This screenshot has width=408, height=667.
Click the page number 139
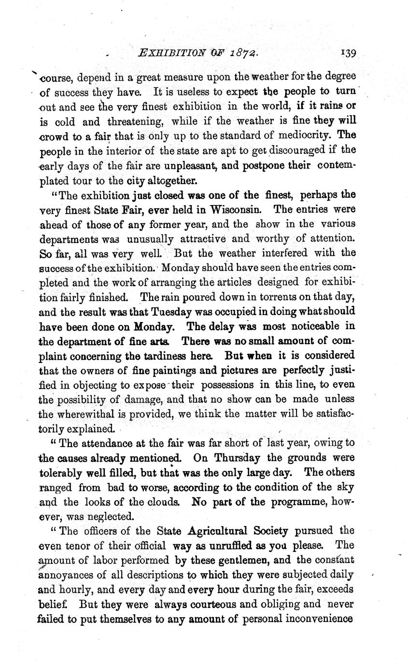point(348,53)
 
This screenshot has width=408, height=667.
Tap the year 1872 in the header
point(246,53)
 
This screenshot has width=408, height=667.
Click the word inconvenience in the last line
point(315,619)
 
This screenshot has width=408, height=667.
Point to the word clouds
point(163,502)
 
